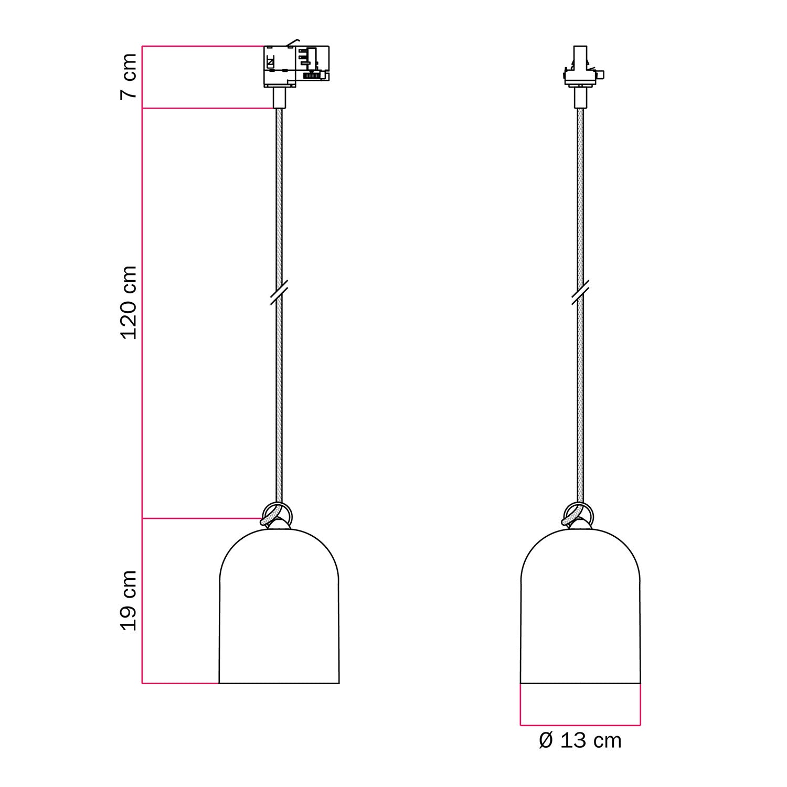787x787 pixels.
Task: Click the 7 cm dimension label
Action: click(129, 76)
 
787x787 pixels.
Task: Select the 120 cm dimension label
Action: click(129, 303)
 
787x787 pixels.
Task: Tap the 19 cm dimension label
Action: click(129, 601)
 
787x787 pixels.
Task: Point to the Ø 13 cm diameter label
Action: click(580, 741)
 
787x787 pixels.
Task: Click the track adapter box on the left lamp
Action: click(295, 66)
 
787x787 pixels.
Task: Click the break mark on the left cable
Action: click(279, 292)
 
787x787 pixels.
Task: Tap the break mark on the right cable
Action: click(580, 292)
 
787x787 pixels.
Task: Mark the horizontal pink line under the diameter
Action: click(580, 726)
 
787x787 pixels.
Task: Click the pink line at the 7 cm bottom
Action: click(207, 109)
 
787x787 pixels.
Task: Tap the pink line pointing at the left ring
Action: click(202, 518)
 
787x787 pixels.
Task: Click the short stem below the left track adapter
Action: click(279, 98)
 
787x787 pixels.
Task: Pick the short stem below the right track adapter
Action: click(580, 98)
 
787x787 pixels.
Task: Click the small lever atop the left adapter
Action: click(293, 42)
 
